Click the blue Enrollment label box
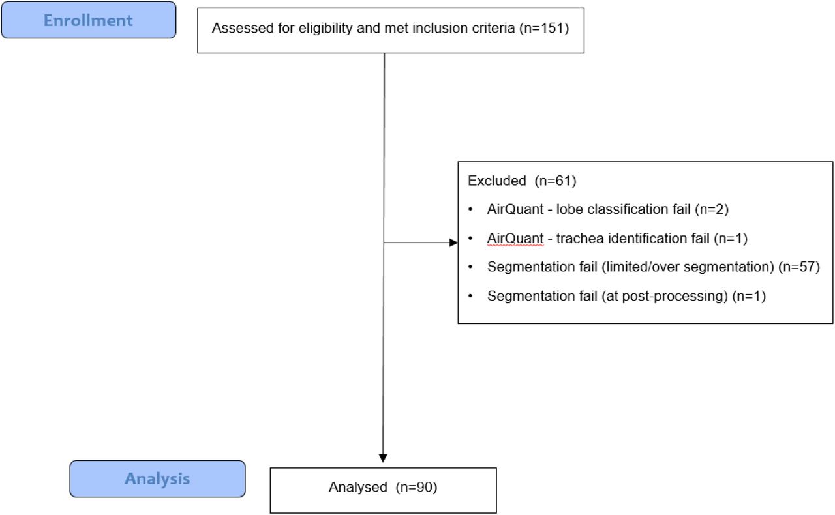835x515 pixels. tap(89, 20)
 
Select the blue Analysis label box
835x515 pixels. tap(157, 478)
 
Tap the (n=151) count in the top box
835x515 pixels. tap(544, 28)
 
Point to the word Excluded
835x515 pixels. tap(497, 181)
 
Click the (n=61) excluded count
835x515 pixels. tap(555, 181)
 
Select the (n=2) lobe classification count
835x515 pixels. tap(712, 209)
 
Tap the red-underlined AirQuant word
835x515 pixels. tap(515, 239)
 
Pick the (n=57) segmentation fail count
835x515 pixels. tap(799, 267)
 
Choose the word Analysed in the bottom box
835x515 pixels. tap(358, 487)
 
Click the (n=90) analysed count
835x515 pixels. tap(416, 487)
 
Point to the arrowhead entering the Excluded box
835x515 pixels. tap(453, 243)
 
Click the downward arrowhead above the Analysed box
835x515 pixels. tap(383, 458)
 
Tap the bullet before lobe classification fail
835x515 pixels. tap(470, 209)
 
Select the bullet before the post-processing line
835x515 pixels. tap(470, 296)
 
